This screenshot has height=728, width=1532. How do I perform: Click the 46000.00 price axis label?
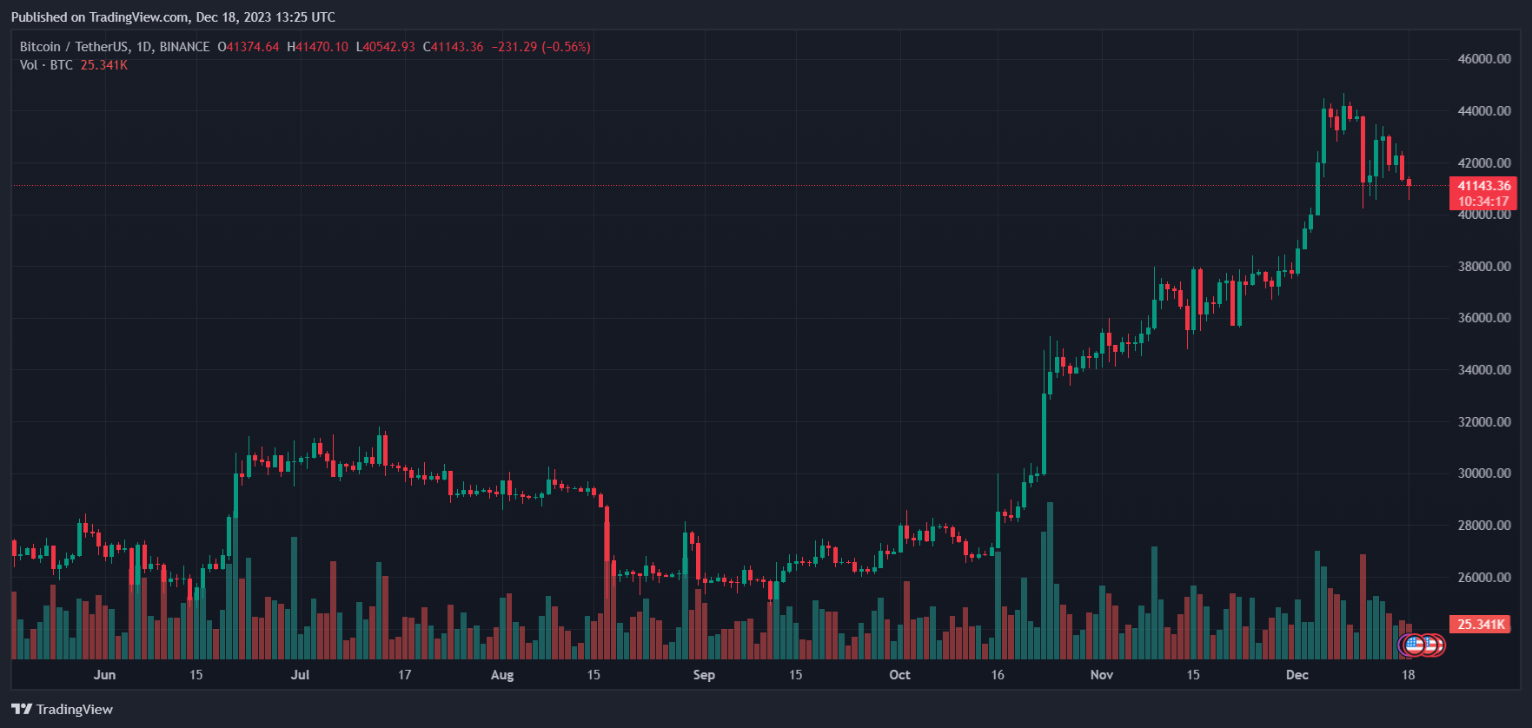coord(1483,59)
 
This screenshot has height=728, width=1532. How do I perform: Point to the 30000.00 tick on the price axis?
coord(1483,473)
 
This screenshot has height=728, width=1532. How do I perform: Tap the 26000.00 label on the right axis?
coord(1483,577)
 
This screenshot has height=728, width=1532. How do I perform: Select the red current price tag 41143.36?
coord(1483,186)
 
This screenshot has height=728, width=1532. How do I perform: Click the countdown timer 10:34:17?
coord(1483,202)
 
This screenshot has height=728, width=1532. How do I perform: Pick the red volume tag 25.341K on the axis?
coord(1481,625)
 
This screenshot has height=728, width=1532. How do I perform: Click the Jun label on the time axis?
coord(104,675)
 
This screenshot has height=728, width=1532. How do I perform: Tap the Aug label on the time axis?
coord(502,675)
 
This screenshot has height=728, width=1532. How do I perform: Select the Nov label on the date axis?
coord(1101,675)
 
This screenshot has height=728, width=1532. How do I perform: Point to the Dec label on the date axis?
coord(1297,675)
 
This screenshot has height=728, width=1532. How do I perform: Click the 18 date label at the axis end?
coord(1408,675)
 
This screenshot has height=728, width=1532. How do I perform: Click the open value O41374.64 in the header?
coord(249,47)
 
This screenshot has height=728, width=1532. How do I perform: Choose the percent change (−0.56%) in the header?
coord(566,47)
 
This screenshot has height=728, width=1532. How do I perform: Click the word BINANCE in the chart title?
coord(184,47)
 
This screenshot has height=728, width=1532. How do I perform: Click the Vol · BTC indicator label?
coord(46,65)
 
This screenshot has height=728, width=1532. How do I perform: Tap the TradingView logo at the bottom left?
coord(63,710)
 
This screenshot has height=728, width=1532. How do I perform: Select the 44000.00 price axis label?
coord(1483,111)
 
